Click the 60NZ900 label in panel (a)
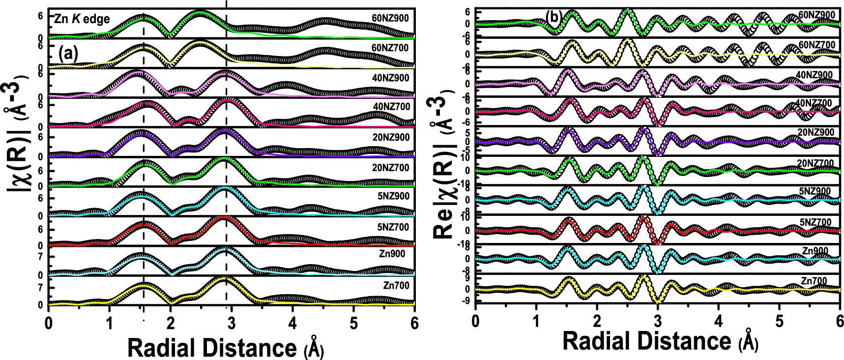[390, 19]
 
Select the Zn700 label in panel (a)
[396, 285]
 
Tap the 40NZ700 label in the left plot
[391, 106]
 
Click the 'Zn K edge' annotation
[82, 19]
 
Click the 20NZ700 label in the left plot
[391, 168]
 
